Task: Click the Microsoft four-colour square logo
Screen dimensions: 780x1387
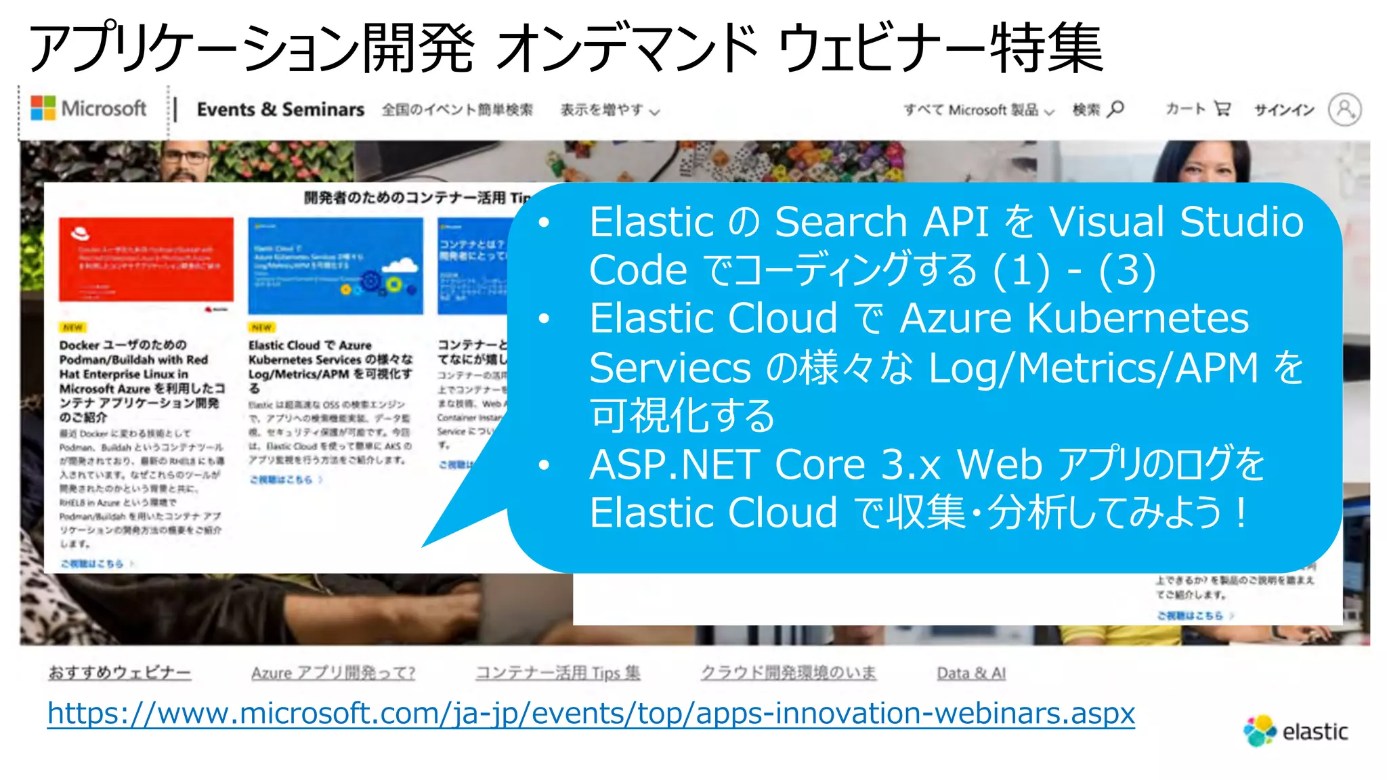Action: point(43,108)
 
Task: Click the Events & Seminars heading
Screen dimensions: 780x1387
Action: point(280,109)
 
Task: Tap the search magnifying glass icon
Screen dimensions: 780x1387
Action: point(1116,108)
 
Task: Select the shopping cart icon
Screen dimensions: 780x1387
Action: point(1222,108)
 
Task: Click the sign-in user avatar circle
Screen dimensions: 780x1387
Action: point(1344,109)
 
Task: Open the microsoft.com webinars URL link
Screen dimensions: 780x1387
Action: point(591,713)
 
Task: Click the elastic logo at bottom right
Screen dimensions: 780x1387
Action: point(1296,731)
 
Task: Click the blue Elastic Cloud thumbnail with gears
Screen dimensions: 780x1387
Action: point(335,265)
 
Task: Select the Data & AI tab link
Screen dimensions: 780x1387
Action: point(970,673)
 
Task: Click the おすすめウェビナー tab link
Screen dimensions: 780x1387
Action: point(119,673)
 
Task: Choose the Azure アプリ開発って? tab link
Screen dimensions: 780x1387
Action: point(333,673)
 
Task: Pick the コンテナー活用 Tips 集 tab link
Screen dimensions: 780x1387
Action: point(557,673)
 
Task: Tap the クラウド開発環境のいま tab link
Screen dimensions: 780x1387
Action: point(788,673)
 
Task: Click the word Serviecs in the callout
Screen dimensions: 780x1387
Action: point(670,368)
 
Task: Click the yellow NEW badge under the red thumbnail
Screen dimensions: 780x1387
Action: point(72,327)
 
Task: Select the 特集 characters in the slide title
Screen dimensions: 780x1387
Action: point(1047,47)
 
